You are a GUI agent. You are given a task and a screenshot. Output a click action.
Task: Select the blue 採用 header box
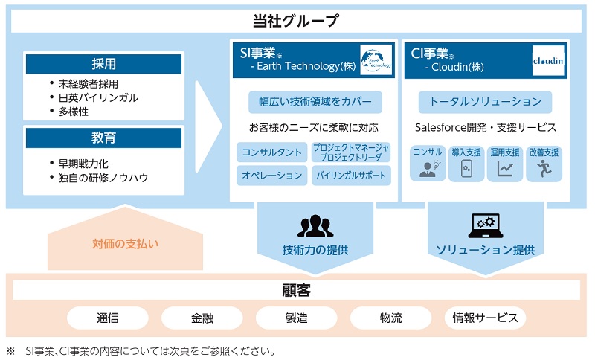tap(103, 64)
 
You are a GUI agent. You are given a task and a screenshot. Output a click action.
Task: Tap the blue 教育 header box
tap(103, 138)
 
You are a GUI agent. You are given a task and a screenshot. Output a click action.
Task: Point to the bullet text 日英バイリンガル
tap(98, 97)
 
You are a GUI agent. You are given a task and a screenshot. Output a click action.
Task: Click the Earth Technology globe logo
tap(376, 60)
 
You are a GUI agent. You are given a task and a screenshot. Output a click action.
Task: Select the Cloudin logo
tap(548, 60)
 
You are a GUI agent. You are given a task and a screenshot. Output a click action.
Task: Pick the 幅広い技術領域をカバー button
tap(315, 101)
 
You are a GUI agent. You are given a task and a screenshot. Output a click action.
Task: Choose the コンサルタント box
tap(271, 152)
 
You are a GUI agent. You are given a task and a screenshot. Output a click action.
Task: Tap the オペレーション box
tap(271, 175)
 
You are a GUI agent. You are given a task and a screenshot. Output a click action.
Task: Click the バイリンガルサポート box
tap(351, 175)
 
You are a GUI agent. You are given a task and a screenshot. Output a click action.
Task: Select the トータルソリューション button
tap(486, 101)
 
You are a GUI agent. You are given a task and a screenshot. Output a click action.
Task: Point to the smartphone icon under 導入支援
tap(466, 170)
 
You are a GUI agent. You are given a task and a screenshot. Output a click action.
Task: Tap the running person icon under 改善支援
tap(543, 170)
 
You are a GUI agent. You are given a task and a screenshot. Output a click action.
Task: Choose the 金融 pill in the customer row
tap(202, 318)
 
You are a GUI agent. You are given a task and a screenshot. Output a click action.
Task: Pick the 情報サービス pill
tap(485, 318)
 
